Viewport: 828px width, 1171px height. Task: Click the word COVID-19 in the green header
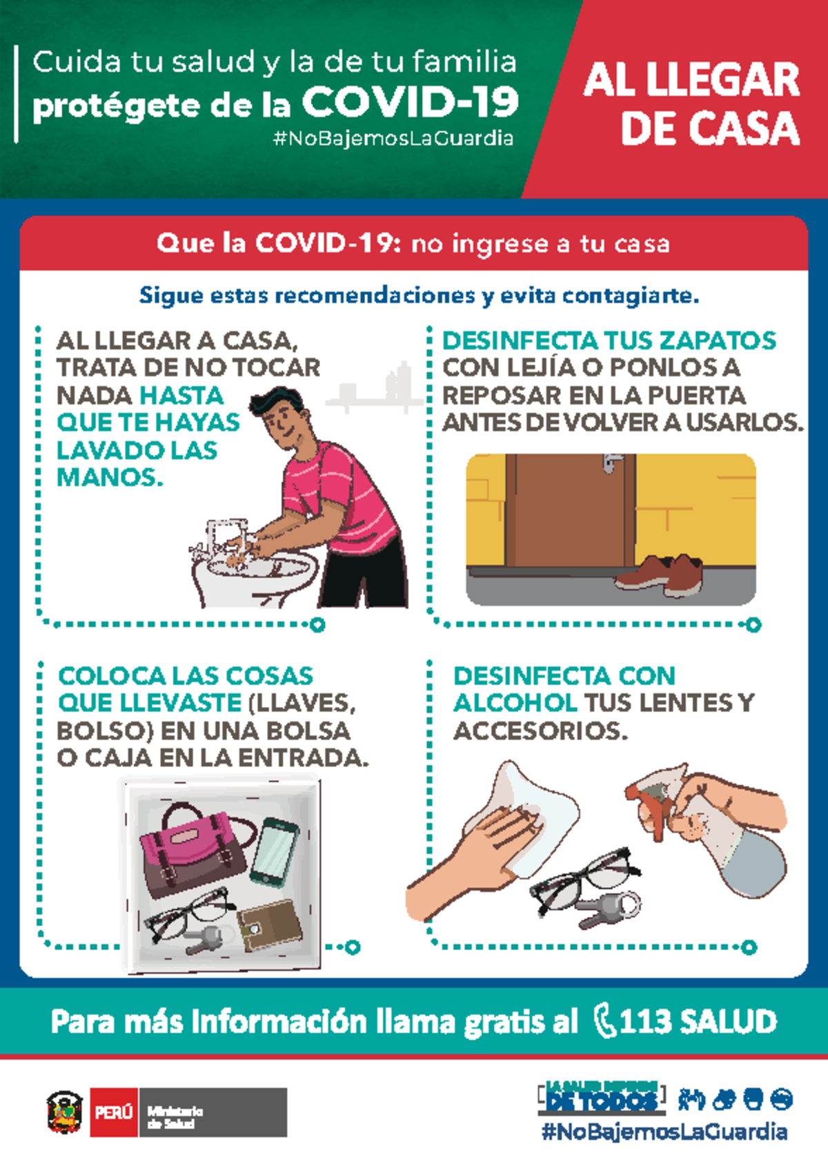pos(410,103)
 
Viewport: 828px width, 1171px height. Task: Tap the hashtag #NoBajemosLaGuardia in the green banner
pos(393,139)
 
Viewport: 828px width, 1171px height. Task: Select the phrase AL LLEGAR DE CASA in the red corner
pos(692,104)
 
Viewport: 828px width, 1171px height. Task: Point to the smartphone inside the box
pos(274,851)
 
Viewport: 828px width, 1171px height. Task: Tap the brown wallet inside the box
pos(270,925)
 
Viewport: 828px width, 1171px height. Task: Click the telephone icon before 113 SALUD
pos(604,1021)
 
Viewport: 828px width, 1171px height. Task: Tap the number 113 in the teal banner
pos(644,1021)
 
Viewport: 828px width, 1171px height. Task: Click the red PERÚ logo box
pos(115,1112)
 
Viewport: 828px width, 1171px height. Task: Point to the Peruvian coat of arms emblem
pos(65,1112)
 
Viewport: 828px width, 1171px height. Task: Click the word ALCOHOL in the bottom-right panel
pos(515,703)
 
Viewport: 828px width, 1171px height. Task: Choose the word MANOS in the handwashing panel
pos(110,477)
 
